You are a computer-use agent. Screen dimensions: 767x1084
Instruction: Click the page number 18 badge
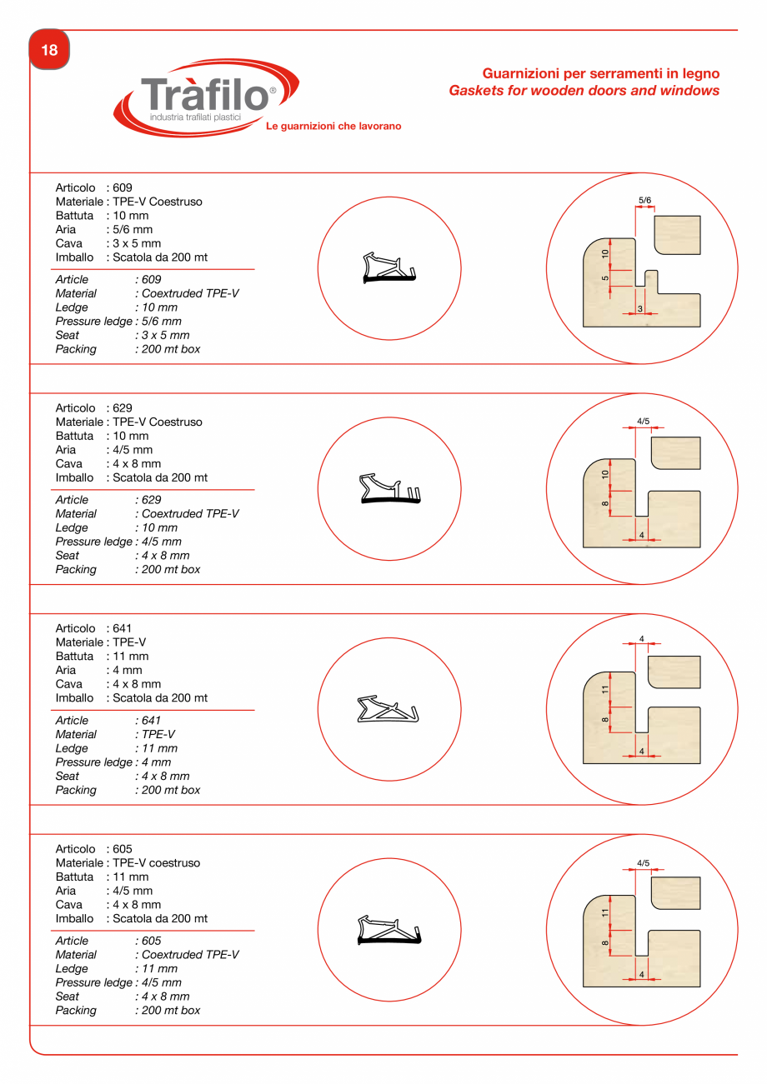(x=49, y=50)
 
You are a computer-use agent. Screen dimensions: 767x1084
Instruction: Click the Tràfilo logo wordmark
(x=205, y=94)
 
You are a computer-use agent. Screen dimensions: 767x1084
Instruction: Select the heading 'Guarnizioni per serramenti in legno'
(x=600, y=73)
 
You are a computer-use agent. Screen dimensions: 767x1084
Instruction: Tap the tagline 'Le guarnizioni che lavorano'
(x=333, y=127)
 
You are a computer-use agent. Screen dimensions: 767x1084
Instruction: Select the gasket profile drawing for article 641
(x=388, y=709)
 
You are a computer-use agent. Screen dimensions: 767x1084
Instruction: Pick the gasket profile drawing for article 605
(x=389, y=930)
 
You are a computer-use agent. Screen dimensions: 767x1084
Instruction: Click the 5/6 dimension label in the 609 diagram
(x=644, y=201)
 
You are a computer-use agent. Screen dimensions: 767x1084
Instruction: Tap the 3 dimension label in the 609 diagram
(x=639, y=309)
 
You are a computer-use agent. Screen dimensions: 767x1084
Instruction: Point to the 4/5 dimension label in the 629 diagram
(x=643, y=422)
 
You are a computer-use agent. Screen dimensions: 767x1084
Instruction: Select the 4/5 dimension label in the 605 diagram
(x=643, y=862)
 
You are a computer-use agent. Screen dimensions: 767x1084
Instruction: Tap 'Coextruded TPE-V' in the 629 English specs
(x=190, y=514)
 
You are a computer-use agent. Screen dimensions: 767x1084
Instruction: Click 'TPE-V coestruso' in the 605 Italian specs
(x=156, y=863)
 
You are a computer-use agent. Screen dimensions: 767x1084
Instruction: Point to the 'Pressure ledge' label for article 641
(x=93, y=762)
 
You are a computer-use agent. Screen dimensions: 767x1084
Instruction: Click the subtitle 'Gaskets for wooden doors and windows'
(x=584, y=90)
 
